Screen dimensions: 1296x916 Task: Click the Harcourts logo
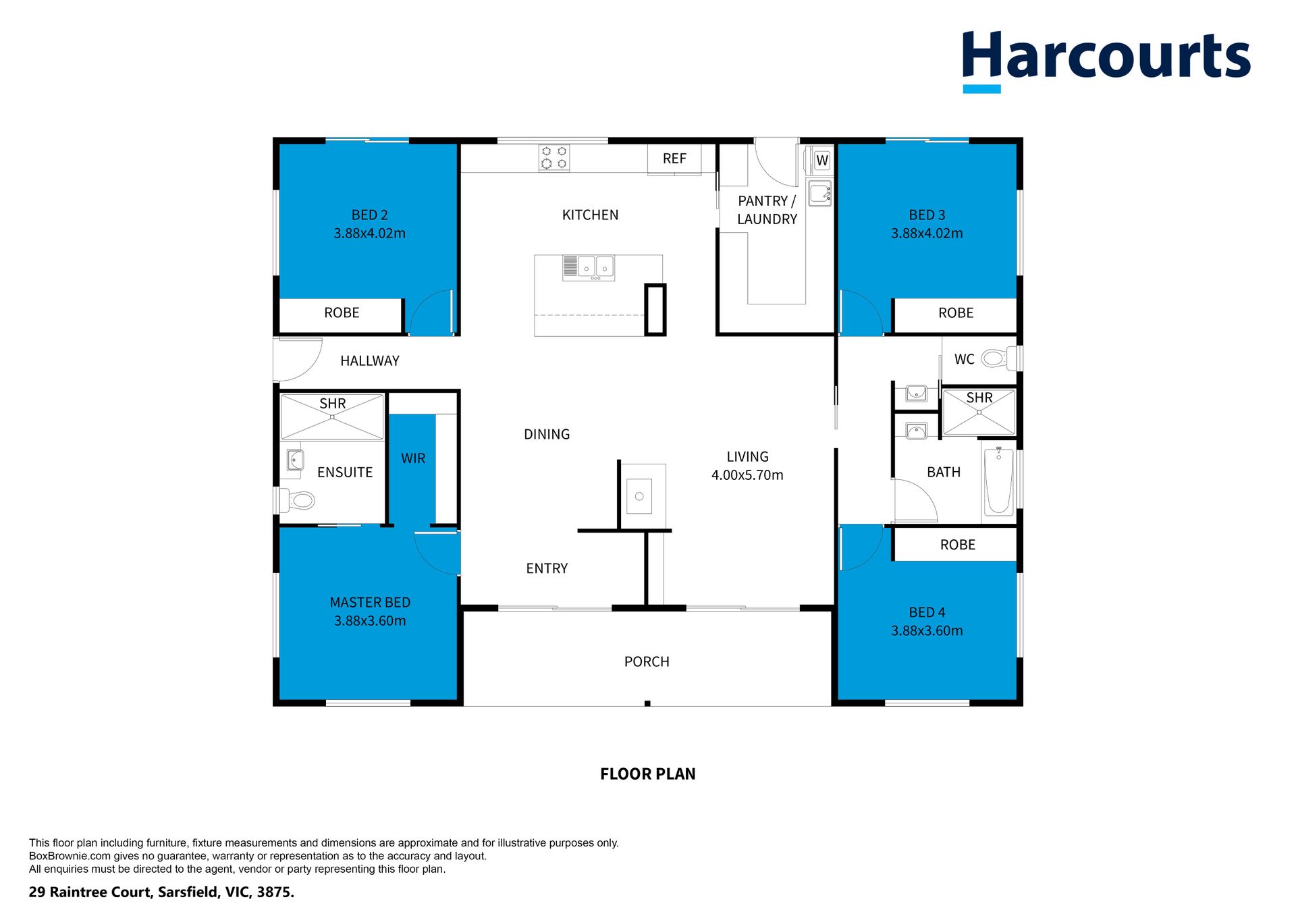pos(1106,60)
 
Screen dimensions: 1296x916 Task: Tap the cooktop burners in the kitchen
pos(553,158)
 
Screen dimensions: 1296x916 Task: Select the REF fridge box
pos(674,159)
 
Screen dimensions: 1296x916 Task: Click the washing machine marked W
pos(821,161)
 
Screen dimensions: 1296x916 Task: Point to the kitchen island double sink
pos(589,268)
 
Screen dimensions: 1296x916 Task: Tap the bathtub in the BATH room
pos(998,481)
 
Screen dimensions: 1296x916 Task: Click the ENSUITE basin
pos(294,460)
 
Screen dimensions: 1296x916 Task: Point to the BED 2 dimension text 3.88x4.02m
pos(369,234)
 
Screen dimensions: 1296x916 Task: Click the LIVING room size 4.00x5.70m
pos(747,475)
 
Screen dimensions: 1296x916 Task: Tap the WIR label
pos(413,459)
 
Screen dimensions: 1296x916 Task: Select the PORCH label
pos(647,662)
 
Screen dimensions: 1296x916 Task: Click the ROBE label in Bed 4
pos(958,545)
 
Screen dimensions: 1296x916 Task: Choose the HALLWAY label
pos(370,361)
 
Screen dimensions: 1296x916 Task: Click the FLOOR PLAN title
pos(648,774)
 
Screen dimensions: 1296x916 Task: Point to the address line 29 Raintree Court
pos(161,892)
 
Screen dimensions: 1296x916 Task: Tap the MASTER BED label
pos(370,603)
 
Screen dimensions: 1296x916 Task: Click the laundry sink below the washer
pos(820,193)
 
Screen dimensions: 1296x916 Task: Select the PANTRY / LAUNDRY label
pos(767,210)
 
